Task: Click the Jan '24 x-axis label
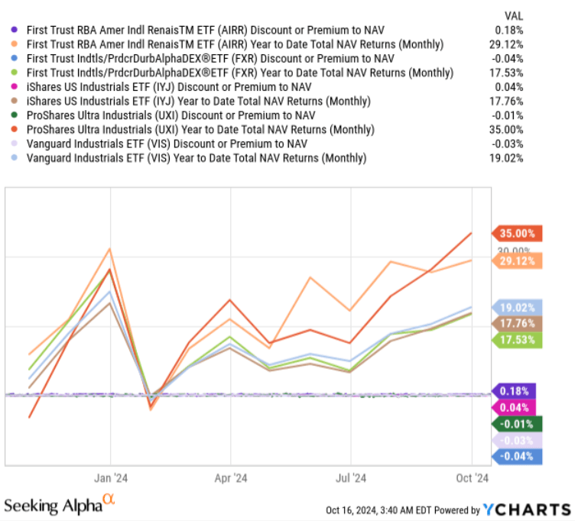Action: point(111,479)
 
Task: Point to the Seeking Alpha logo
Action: point(60,505)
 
